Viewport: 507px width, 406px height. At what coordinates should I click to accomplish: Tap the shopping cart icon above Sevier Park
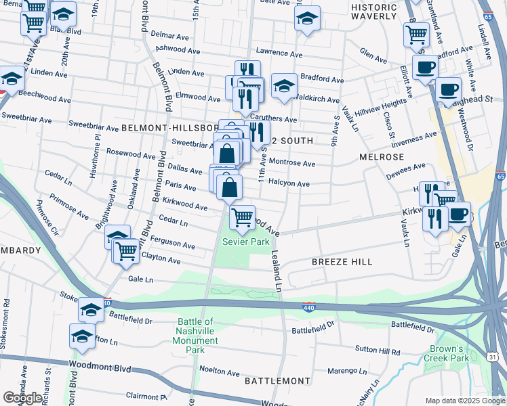click(242, 217)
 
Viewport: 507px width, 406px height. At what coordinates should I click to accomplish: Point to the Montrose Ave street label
click(292, 163)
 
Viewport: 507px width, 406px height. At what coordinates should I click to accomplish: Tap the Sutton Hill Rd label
click(380, 351)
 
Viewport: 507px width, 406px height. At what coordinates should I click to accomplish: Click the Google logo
click(22, 398)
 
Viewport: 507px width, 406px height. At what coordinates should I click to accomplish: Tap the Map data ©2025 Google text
click(464, 401)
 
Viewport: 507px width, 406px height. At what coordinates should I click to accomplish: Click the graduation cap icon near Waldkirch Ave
click(284, 85)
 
